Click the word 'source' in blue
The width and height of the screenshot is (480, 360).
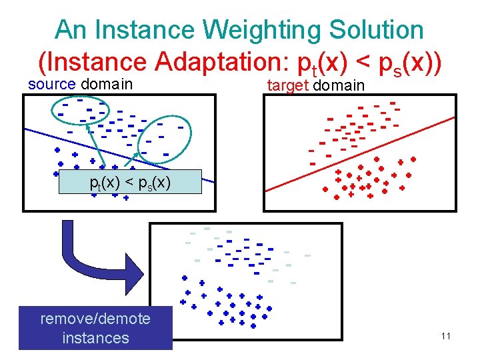53,85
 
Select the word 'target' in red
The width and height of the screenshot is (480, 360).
288,85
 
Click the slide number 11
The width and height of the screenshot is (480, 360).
445,336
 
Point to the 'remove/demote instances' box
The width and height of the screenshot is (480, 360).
95,328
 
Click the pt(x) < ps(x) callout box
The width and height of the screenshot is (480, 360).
130,181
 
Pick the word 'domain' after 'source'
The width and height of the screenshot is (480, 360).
106,85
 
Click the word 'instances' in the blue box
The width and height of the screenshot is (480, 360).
95,338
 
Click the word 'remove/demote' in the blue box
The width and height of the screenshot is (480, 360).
95,319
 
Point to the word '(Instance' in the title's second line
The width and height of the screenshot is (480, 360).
93,62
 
